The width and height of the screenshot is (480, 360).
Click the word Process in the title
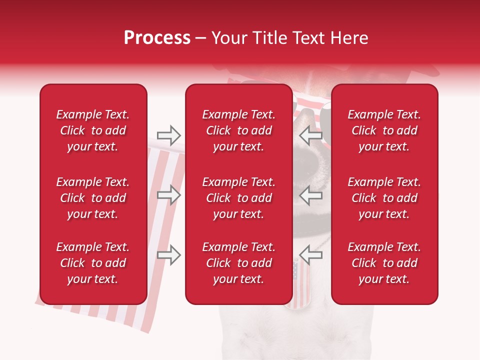point(157,38)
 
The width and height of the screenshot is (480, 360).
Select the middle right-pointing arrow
point(169,195)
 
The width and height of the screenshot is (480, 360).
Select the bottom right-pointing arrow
point(169,255)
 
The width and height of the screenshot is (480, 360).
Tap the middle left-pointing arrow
point(310,195)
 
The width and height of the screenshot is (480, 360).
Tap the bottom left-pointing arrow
point(310,255)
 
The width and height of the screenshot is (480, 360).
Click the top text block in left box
point(93,130)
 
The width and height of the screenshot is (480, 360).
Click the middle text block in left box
point(93,198)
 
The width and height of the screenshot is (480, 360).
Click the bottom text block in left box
point(93,263)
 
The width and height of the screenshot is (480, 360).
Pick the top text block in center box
point(238,130)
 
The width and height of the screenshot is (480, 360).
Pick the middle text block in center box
point(238,198)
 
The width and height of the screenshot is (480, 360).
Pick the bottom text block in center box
point(238,263)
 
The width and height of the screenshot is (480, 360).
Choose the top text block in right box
point(384,130)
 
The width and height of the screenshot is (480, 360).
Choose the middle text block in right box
point(384,198)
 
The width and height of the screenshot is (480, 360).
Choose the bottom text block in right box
point(384,263)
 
